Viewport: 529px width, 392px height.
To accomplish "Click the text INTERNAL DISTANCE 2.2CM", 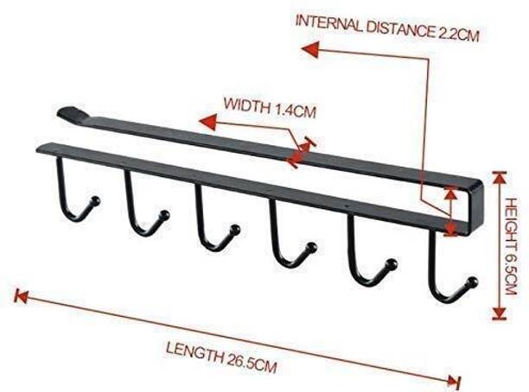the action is (x=387, y=28).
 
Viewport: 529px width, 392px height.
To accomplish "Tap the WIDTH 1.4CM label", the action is (x=270, y=108).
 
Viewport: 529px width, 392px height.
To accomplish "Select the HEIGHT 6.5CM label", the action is (x=510, y=246).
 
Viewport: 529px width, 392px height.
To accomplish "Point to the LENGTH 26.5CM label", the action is (x=221, y=357).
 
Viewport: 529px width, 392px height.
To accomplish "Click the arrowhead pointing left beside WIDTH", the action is (x=207, y=122).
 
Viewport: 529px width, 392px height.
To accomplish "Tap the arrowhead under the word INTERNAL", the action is (x=310, y=49).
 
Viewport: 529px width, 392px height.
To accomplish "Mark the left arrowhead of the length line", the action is (x=21, y=295).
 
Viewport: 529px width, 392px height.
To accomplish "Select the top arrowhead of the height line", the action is (x=500, y=178).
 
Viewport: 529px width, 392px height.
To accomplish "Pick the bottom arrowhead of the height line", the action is (x=500, y=313).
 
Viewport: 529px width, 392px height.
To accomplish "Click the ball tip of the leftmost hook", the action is (x=96, y=200).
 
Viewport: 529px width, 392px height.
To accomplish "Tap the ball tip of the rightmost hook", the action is (x=473, y=282).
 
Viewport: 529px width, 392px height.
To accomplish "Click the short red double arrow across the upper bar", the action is (x=302, y=152).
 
